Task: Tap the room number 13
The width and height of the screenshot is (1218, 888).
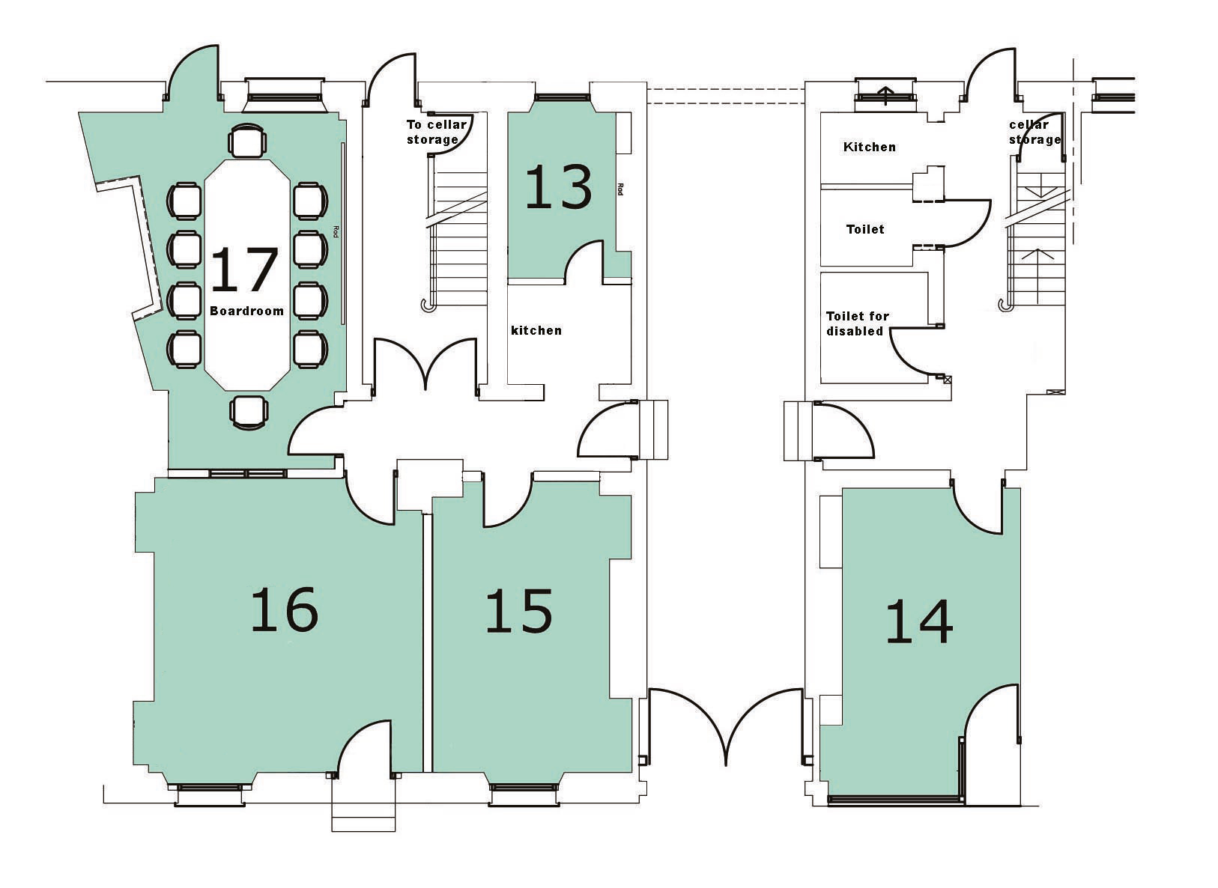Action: pyautogui.click(x=559, y=186)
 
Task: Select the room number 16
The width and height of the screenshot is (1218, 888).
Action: pyautogui.click(x=285, y=609)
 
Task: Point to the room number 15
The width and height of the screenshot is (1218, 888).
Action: pyautogui.click(x=519, y=611)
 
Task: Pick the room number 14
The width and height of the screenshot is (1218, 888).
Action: pyautogui.click(x=919, y=621)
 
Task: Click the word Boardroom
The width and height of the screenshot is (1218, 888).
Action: pyautogui.click(x=247, y=311)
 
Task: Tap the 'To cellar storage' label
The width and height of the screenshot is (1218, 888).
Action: pyautogui.click(x=437, y=132)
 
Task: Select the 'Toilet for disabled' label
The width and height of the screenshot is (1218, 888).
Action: pyautogui.click(x=858, y=323)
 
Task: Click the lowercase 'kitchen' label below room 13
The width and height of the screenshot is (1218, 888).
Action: pyautogui.click(x=536, y=330)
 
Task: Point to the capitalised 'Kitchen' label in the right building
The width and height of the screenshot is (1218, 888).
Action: pyautogui.click(x=870, y=147)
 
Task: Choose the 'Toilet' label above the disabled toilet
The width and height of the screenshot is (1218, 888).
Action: pyautogui.click(x=865, y=229)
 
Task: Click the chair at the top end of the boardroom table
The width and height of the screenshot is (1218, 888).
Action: pyautogui.click(x=247, y=140)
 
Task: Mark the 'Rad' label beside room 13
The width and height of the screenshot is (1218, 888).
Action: pyautogui.click(x=620, y=189)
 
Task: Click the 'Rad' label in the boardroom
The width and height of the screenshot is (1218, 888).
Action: pyautogui.click(x=336, y=231)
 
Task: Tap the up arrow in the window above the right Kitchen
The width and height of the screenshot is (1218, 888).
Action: pyautogui.click(x=886, y=95)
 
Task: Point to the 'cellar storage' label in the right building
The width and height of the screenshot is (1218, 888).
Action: pyautogui.click(x=1034, y=132)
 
